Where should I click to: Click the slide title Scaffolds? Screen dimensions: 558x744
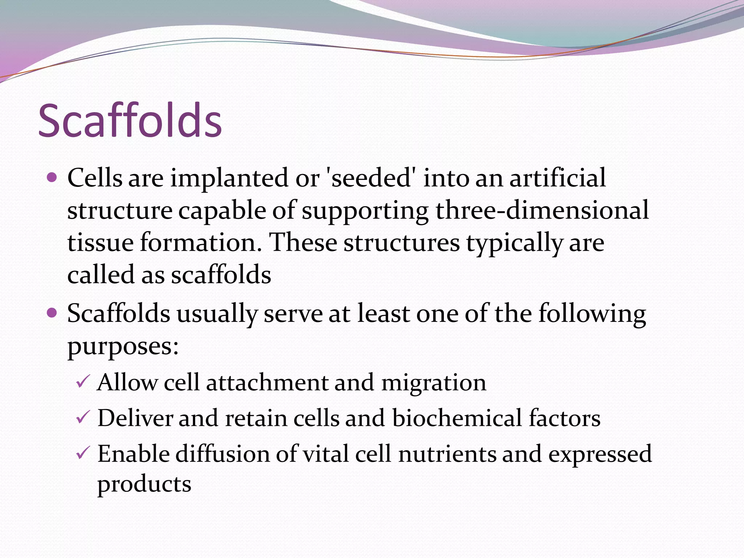[x=130, y=121]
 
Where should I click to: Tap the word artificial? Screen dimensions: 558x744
[x=557, y=178]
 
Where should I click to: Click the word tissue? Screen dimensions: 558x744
[x=100, y=242]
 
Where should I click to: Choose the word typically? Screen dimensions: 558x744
[x=514, y=243]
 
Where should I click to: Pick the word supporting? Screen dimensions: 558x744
[x=365, y=211]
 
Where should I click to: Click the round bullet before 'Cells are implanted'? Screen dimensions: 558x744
[x=52, y=178]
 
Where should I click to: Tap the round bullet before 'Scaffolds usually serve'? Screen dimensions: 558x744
[x=52, y=312]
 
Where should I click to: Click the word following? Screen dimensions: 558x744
[x=592, y=314]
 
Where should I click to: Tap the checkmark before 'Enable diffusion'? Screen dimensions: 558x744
[x=82, y=453]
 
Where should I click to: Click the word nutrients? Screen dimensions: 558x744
[x=447, y=454]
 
